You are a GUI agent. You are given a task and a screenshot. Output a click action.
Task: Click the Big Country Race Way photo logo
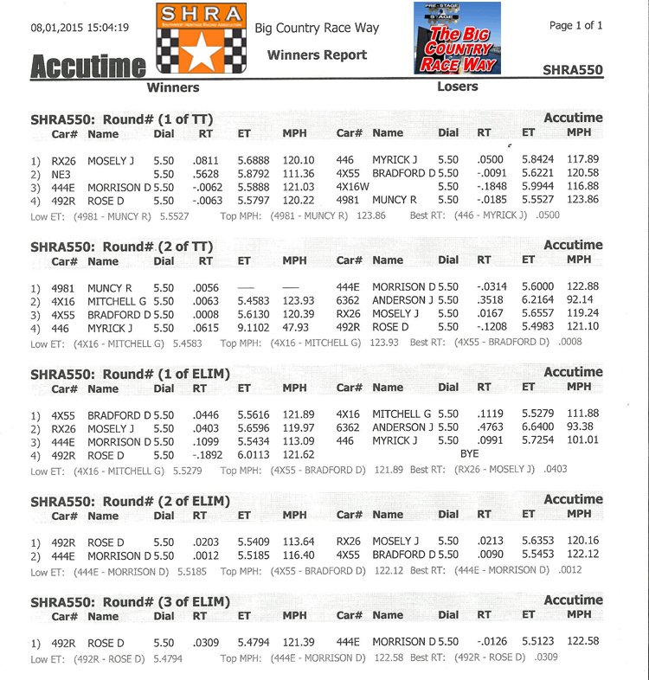click(x=458, y=38)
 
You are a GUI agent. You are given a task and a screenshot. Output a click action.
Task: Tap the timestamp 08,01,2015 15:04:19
click(x=79, y=28)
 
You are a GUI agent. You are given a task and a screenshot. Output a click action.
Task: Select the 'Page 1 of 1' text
click(x=575, y=25)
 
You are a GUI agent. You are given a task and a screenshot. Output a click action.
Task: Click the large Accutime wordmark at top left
click(x=87, y=67)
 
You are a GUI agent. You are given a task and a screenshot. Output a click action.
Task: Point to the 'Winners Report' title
click(x=317, y=55)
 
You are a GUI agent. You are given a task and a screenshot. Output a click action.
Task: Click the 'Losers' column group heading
click(x=457, y=87)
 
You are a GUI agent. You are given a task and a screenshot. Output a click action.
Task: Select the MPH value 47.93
click(x=294, y=328)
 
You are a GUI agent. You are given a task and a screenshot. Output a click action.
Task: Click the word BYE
click(x=469, y=453)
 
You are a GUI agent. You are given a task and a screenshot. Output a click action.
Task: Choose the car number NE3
click(x=61, y=173)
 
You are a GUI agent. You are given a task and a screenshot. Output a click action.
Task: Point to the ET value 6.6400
click(x=539, y=427)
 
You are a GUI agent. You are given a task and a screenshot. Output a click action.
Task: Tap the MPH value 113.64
click(x=294, y=541)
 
